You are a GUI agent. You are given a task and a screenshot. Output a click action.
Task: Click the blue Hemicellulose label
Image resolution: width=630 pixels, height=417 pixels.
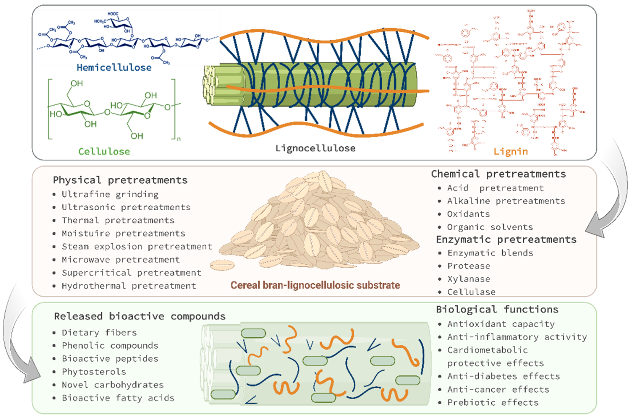(114, 68)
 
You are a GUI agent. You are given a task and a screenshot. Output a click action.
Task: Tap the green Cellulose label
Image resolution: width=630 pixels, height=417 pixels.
(104, 152)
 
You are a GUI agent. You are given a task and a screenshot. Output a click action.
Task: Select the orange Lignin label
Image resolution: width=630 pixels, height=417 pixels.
(511, 152)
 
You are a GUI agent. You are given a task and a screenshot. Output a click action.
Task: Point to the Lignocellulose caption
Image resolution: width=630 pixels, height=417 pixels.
(315, 148)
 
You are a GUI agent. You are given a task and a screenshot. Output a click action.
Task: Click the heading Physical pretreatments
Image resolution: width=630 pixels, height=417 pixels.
(120, 180)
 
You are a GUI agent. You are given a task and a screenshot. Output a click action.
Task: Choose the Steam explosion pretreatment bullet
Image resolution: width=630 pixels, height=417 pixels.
(137, 246)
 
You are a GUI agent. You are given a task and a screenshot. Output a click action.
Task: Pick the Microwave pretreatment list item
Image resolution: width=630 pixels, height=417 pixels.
(121, 260)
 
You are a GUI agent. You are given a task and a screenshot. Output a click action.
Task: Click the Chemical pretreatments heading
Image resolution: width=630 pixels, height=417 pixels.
(498, 174)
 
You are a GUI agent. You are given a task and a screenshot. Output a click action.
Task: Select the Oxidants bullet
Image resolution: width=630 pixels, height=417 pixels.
(468, 214)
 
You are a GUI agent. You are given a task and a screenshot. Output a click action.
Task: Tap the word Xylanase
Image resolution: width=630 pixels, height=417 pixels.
(469, 279)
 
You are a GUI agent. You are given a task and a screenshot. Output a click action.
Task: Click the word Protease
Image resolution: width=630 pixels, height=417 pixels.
(469, 266)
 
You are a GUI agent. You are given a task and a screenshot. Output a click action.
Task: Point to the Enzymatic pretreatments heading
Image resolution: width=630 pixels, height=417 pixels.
(506, 239)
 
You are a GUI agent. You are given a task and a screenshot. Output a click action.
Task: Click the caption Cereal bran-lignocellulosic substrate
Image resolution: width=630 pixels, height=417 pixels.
(315, 285)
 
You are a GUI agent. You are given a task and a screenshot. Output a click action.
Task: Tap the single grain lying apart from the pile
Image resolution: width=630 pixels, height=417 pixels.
(222, 265)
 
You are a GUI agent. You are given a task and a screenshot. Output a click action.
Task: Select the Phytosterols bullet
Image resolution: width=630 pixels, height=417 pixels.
(94, 372)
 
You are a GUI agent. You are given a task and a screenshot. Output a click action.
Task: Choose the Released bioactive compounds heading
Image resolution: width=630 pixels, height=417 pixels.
(139, 316)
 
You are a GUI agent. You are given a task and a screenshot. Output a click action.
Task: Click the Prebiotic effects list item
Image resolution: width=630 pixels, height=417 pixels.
(493, 402)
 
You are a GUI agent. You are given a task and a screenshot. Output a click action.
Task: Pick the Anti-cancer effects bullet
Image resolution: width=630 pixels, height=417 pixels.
(498, 389)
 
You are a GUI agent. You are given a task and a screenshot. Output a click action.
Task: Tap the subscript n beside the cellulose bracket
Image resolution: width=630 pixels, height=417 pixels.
(179, 139)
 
